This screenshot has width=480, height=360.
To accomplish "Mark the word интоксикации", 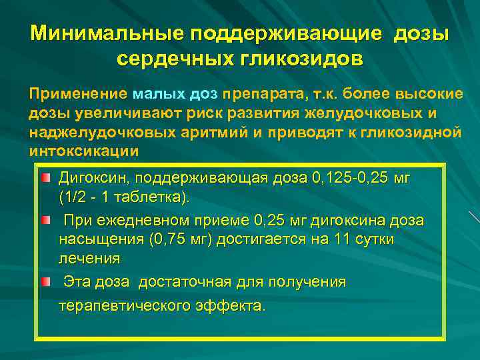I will pyautogui.click(x=84, y=150).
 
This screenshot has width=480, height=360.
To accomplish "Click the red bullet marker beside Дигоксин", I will pyautogui.click(x=44, y=179).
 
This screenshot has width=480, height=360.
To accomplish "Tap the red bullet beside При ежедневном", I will pyautogui.click(x=44, y=220).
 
